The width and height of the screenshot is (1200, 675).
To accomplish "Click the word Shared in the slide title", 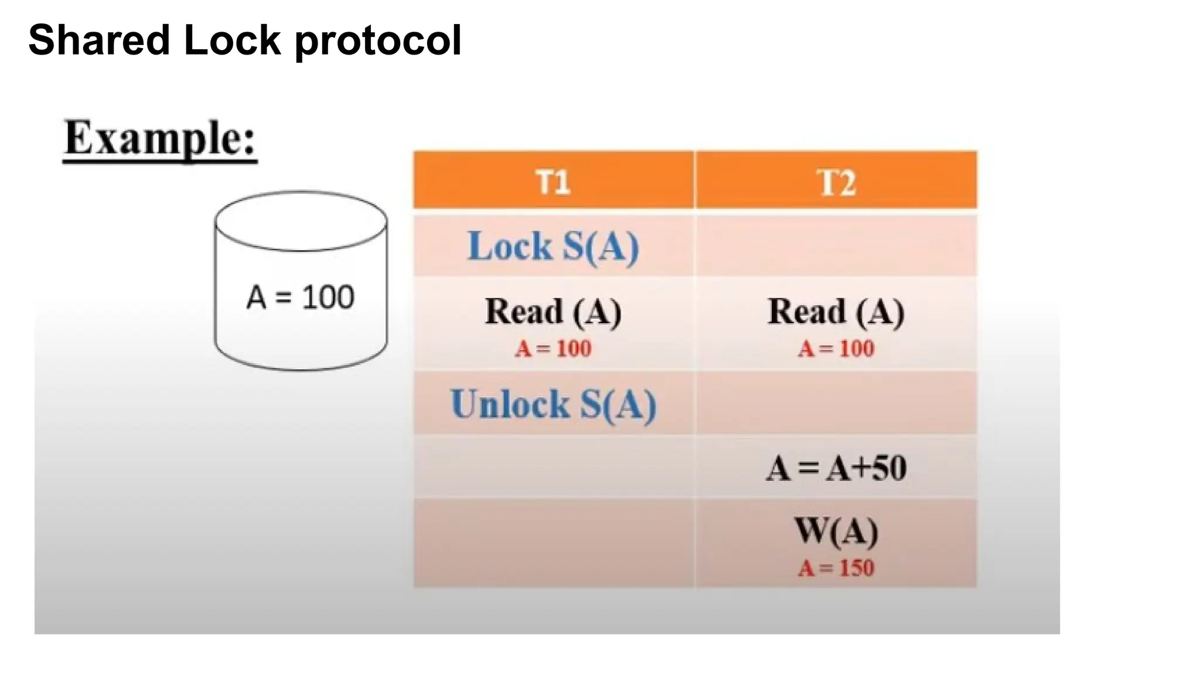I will coord(99,40).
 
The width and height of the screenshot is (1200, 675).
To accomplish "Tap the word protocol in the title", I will coord(378,40).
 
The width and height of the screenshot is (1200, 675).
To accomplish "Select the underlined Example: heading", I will coord(160,138).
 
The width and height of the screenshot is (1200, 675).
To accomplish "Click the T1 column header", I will coord(553,182).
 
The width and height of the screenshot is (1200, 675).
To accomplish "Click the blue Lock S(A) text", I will coord(553,246).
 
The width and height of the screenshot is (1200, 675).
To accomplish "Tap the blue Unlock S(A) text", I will coord(553,404).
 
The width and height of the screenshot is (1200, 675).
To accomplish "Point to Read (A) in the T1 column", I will coord(553,311).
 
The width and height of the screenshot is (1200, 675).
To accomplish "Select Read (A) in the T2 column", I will coord(836,311).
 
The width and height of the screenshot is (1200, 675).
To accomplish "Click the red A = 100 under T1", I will coord(553,349).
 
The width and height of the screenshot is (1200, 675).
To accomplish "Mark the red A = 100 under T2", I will coord(836,349).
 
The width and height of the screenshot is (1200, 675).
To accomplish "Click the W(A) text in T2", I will coord(836,531).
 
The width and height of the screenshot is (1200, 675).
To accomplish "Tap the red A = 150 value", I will coord(836,568).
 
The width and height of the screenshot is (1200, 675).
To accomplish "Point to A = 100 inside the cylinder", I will coord(300,297).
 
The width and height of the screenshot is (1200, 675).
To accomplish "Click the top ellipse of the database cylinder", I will coord(301,221).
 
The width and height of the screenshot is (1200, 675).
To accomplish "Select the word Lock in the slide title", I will coord(232,40).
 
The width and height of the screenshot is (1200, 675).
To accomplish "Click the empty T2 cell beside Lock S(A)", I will coord(836,246).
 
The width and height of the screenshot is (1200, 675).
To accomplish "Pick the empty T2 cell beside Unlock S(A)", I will coord(836,404).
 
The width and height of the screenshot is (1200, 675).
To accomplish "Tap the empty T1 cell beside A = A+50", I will coord(553,468).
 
